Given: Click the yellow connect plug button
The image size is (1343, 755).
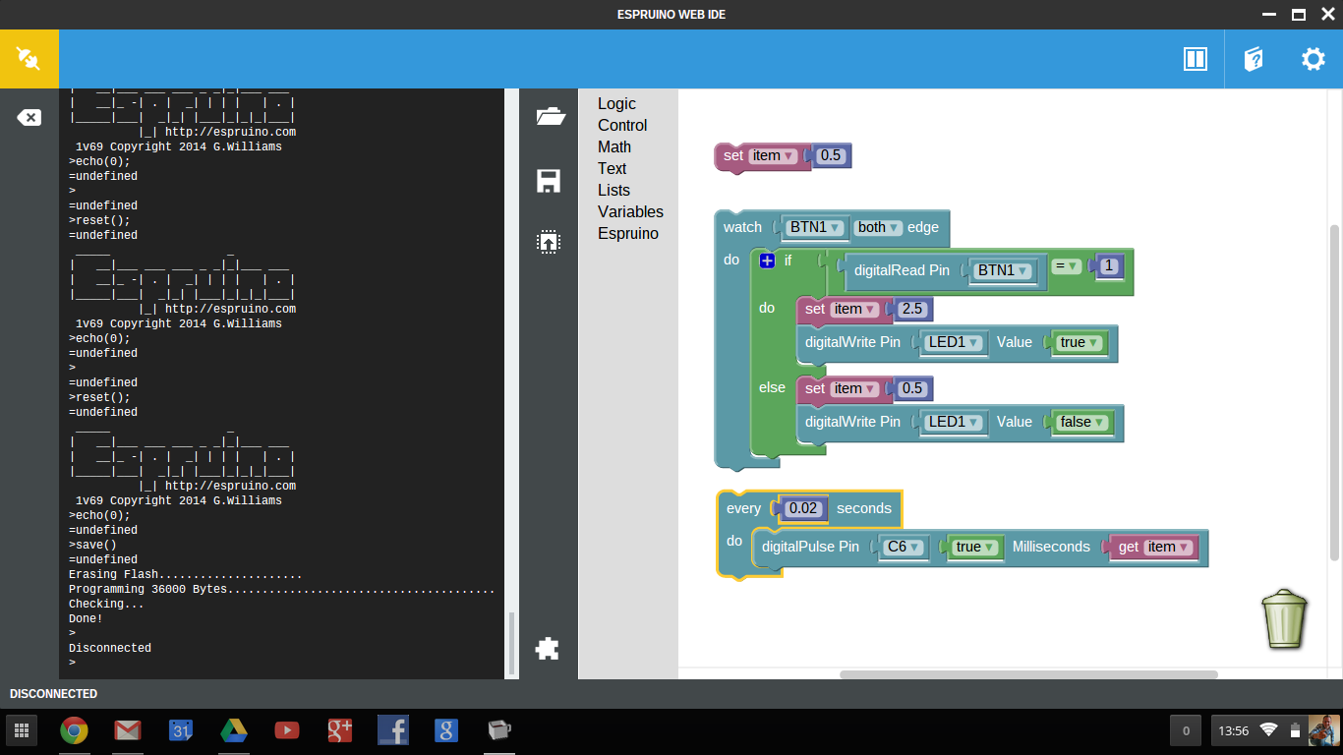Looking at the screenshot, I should click(x=29, y=59).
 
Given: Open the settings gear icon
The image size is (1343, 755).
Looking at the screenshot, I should click(x=1314, y=59).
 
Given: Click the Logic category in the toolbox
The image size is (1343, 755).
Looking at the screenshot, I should click(x=616, y=104).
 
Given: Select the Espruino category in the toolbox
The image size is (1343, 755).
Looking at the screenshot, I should click(x=628, y=234).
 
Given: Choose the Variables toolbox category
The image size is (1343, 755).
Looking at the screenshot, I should click(x=630, y=212).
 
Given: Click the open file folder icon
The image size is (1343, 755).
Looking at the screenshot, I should click(x=551, y=117).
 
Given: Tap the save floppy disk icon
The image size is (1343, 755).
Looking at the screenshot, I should click(x=549, y=181).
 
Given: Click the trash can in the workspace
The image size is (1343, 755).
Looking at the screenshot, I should click(x=1285, y=618).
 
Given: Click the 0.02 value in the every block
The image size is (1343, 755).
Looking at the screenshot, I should click(x=803, y=508).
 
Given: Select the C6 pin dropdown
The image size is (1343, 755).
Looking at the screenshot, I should click(x=903, y=547).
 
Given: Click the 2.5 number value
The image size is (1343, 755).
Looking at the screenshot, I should click(x=912, y=309).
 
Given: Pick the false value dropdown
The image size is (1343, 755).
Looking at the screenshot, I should click(x=1082, y=422).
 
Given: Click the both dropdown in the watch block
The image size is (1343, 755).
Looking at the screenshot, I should click(x=878, y=227).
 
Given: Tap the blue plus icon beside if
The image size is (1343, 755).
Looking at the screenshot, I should click(x=768, y=261).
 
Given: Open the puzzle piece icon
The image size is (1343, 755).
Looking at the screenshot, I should click(x=548, y=648).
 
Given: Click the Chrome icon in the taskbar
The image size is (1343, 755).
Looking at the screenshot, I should click(x=74, y=730).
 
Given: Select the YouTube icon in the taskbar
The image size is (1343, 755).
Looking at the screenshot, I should click(x=287, y=730).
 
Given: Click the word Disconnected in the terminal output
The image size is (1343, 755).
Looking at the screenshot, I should click(x=110, y=649).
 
